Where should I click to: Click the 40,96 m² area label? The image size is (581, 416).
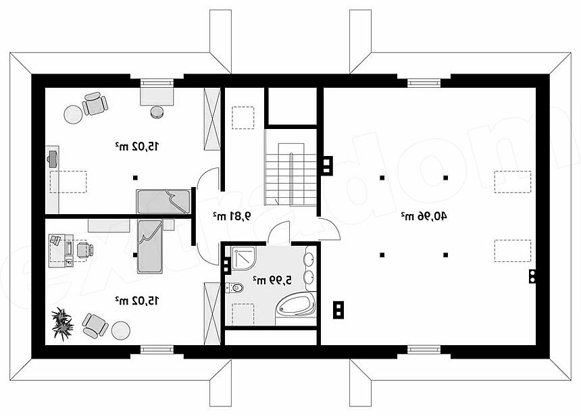pyautogui.click(x=424, y=216)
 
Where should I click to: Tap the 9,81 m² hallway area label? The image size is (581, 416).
pyautogui.click(x=232, y=216)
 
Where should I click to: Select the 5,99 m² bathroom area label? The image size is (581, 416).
pyautogui.click(x=272, y=280)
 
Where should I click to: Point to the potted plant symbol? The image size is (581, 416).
pyautogui.click(x=62, y=323)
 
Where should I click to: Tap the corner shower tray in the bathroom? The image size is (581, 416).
pyautogui.click(x=244, y=259)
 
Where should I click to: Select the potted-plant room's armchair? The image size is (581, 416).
pyautogui.click(x=95, y=326)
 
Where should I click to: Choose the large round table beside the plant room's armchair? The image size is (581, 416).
pyautogui.click(x=120, y=330)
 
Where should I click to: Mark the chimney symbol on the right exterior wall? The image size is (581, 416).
pyautogui.click(x=532, y=276)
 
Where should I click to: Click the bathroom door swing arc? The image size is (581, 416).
pyautogui.click(x=278, y=232)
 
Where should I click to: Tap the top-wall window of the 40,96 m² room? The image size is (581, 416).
pyautogui.click(x=424, y=82)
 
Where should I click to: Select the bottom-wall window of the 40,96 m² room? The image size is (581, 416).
pyautogui.click(x=424, y=349)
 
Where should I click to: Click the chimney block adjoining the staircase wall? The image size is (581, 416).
pyautogui.click(x=328, y=165)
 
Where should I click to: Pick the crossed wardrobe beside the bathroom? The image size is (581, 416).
pyautogui.click(x=212, y=313)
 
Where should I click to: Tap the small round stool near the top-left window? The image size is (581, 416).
pyautogui.click(x=157, y=111)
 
